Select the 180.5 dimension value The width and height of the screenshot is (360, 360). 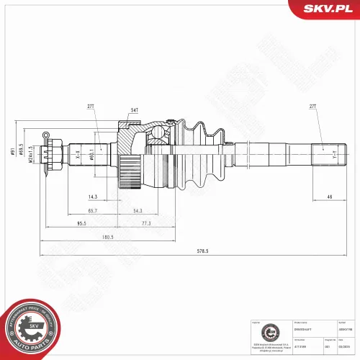click(x=109, y=237)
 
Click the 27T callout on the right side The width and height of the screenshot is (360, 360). click(x=313, y=107)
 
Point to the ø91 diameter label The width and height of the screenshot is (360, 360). click(x=21, y=151)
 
